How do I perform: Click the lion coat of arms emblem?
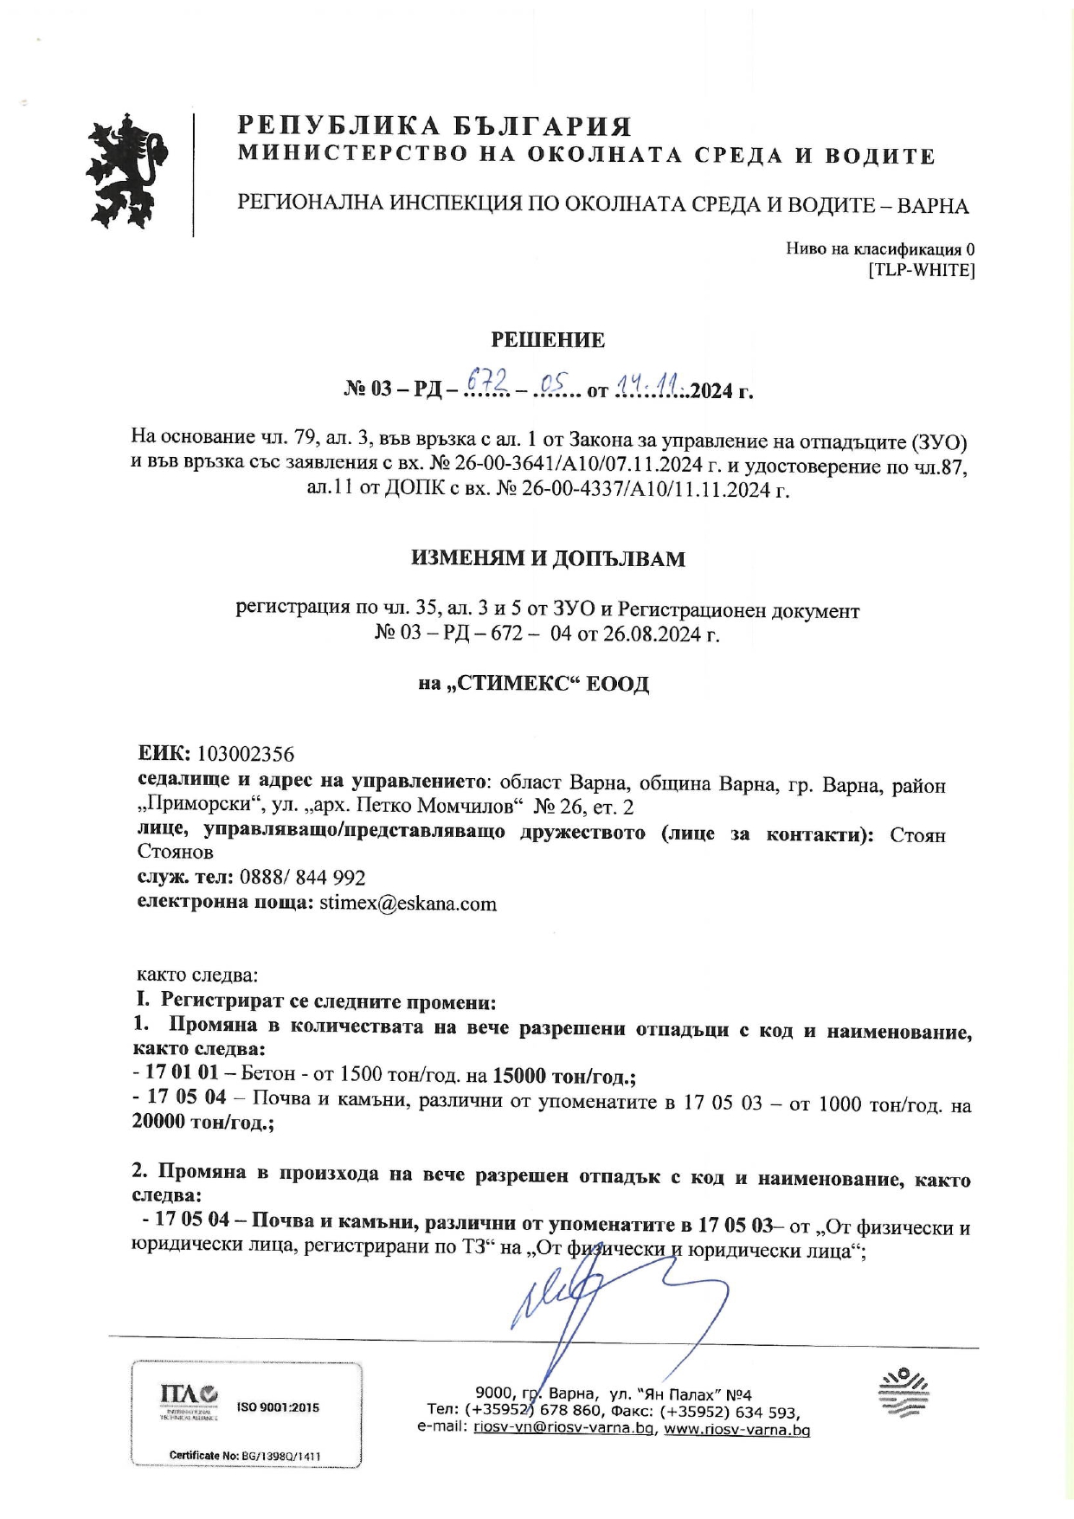click(127, 171)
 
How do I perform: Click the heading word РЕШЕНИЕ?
click(548, 340)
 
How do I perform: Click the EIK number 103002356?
click(246, 754)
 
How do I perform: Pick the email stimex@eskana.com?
click(408, 904)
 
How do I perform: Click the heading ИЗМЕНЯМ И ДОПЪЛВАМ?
click(548, 559)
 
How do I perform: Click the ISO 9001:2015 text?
click(278, 1408)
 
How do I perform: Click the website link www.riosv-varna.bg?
click(736, 1430)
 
